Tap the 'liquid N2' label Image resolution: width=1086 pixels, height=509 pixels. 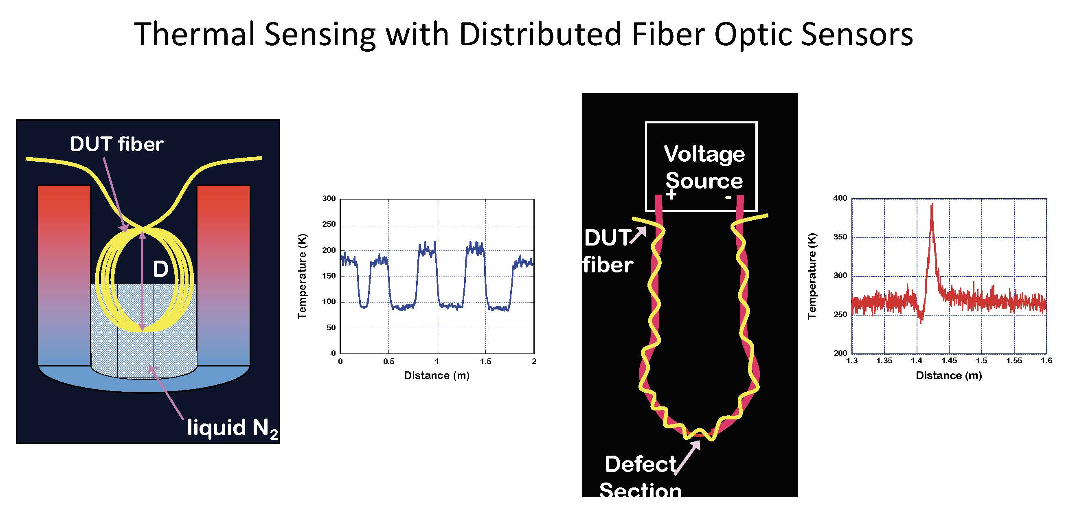(x=232, y=428)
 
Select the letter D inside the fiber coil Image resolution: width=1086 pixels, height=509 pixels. (x=160, y=269)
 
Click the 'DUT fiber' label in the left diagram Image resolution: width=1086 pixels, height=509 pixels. (x=116, y=144)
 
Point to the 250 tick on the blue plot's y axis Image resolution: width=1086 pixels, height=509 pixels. (x=329, y=224)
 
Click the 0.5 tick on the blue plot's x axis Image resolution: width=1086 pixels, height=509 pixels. (x=389, y=362)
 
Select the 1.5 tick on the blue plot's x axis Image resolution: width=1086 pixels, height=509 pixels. (x=485, y=362)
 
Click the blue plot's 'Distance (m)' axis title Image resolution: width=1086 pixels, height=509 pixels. (x=437, y=375)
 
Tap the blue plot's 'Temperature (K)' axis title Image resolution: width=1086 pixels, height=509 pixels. (x=302, y=276)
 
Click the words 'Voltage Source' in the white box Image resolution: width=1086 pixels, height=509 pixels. (x=704, y=167)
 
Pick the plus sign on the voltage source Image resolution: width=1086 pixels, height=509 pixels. (x=671, y=195)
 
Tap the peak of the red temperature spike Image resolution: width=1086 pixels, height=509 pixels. (x=932, y=205)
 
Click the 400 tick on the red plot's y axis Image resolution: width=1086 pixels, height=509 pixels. (x=840, y=198)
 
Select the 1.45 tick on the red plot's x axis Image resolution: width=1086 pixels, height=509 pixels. (x=949, y=361)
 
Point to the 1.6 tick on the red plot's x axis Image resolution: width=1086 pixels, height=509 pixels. (x=1047, y=361)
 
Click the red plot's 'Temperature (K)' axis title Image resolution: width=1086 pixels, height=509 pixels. (x=812, y=276)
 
